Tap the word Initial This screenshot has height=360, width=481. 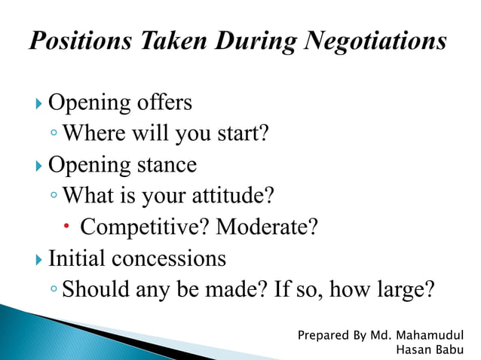click(76, 259)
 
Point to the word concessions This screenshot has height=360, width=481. click(168, 259)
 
